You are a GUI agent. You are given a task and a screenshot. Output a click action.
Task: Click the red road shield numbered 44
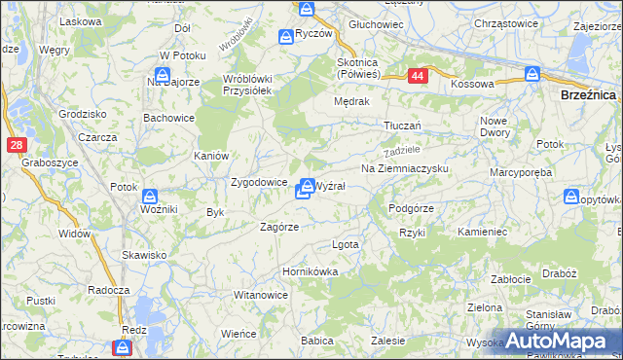point(417,75)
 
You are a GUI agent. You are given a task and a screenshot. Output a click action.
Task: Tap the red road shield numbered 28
point(17,145)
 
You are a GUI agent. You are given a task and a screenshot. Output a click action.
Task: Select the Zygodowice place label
point(258,182)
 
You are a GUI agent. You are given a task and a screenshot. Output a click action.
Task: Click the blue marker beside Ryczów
point(285,37)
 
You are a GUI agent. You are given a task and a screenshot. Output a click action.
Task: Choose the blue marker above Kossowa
point(532,73)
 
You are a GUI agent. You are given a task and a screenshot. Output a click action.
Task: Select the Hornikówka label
point(310,271)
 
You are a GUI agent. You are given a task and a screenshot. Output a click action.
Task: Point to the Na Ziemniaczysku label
point(404,168)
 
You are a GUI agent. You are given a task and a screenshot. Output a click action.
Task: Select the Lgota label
point(346,244)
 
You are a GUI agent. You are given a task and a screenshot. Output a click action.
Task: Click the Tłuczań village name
point(402,126)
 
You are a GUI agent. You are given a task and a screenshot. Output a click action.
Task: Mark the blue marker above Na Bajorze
point(164,74)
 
